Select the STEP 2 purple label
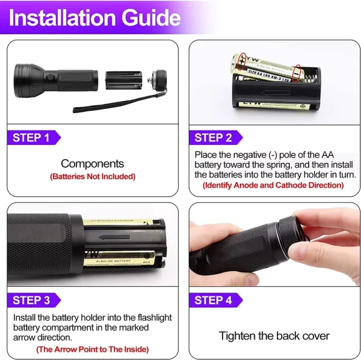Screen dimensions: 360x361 tap(213, 138)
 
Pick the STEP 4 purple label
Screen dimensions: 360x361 tap(213, 300)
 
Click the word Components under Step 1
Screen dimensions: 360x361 tap(92, 163)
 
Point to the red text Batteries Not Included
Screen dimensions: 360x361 tap(92, 177)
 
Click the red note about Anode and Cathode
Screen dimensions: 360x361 tap(273, 185)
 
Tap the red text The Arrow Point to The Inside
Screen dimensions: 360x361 tap(92, 349)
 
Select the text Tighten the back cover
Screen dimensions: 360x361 tap(274, 335)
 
